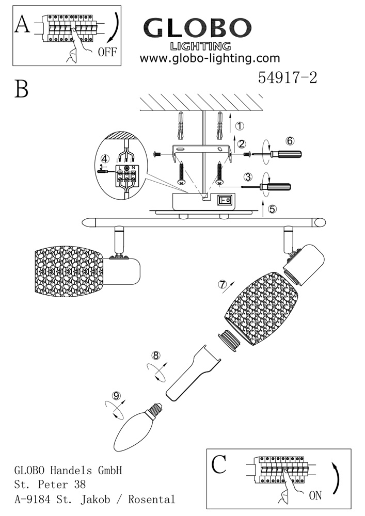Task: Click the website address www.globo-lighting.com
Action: click(210, 58)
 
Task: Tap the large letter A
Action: click(23, 24)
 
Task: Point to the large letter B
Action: click(21, 89)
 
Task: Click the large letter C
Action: click(219, 465)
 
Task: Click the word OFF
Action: click(106, 52)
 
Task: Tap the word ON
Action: click(315, 496)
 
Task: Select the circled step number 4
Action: click(105, 158)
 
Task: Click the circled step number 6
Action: click(290, 140)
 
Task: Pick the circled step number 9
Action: click(117, 396)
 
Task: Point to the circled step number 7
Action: click(223, 284)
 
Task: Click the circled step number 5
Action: click(272, 209)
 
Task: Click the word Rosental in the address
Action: click(153, 499)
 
